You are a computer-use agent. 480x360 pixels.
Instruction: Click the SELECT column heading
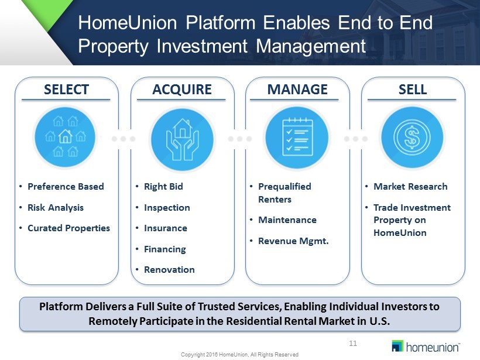[x=66, y=90]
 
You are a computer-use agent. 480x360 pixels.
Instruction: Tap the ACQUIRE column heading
[x=182, y=90]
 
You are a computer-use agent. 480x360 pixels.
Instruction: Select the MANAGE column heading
[x=297, y=90]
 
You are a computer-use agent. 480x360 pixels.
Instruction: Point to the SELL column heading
[x=413, y=90]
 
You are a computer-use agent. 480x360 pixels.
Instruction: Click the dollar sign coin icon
[x=412, y=137]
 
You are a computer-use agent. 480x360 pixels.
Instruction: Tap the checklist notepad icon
[x=297, y=137]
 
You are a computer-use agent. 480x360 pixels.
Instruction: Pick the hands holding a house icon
[x=183, y=139]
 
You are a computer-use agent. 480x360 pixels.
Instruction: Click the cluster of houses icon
[x=65, y=136]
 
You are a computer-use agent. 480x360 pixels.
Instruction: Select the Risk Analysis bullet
[x=56, y=208]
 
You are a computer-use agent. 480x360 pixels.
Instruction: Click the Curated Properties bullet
[x=68, y=228]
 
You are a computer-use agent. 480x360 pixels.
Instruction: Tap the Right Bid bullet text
[x=163, y=186]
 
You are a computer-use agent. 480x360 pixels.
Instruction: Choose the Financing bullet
[x=165, y=249]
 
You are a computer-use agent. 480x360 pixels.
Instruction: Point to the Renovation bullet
[x=169, y=270]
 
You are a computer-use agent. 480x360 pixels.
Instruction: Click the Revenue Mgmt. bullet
[x=293, y=241]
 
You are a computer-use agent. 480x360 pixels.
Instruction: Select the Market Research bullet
[x=410, y=186]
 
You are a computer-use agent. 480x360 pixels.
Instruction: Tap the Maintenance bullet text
[x=287, y=220]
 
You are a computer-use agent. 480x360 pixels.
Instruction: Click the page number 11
[x=353, y=343]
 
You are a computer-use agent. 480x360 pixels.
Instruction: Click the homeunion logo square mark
[x=397, y=345]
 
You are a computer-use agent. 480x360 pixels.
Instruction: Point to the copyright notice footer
[x=239, y=355]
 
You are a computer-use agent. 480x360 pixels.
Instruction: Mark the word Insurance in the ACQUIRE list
[x=166, y=228]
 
